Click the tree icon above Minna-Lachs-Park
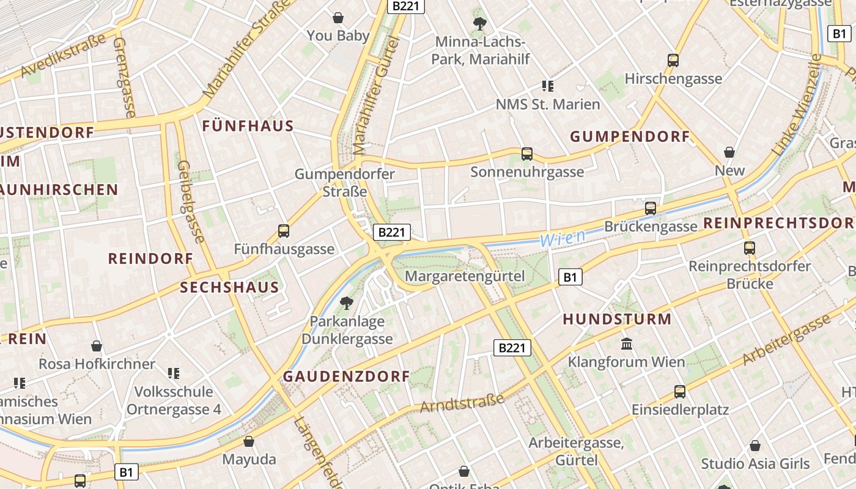coord(480,24)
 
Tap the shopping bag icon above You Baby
coord(338,18)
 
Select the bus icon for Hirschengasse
coord(673,61)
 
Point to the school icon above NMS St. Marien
coord(547,86)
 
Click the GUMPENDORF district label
coord(630,136)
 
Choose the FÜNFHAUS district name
coord(248,127)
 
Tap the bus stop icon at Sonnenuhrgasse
coord(527,154)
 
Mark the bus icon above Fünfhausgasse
coord(284,231)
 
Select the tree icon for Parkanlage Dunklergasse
coord(346,303)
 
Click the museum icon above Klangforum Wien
coord(627,344)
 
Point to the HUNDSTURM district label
coord(617,319)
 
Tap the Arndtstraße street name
coord(463,403)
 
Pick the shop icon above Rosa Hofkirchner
coord(97,346)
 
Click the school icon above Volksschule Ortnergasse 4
coord(174,373)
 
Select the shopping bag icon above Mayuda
coord(249,441)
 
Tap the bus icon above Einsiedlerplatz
coord(680,391)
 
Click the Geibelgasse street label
coord(190,202)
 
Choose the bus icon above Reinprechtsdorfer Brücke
coord(750,248)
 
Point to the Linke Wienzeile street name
coord(797,104)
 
